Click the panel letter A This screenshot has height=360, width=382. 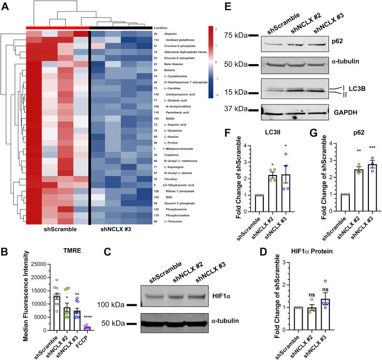click(6, 6)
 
